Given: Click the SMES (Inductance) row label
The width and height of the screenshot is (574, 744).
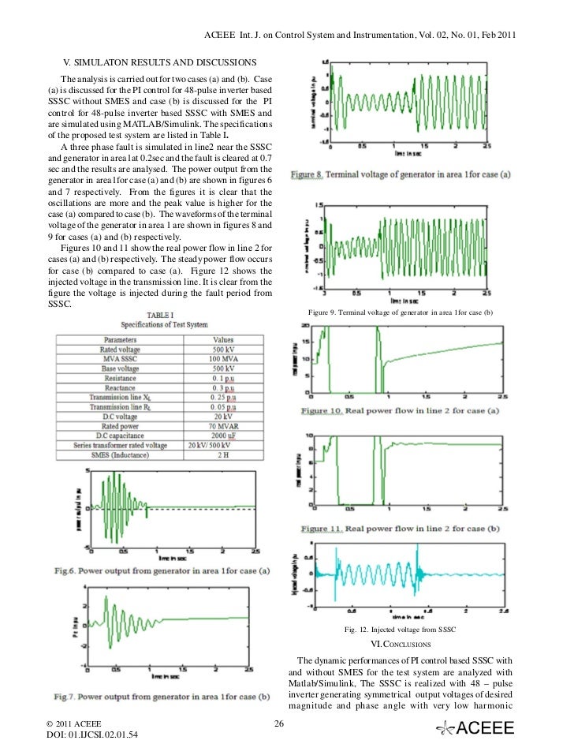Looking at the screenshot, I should pyautogui.click(x=120, y=454).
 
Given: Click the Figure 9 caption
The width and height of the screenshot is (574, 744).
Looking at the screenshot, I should pyautogui.click(x=401, y=314).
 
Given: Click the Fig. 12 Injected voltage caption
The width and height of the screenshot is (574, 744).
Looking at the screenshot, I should pyautogui.click(x=400, y=630).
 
